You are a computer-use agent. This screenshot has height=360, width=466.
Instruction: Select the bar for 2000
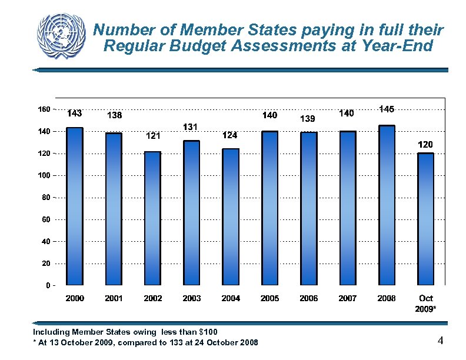[74, 206]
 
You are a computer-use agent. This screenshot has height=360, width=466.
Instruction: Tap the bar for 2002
[152, 218]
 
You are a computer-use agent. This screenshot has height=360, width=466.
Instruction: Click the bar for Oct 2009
[425, 219]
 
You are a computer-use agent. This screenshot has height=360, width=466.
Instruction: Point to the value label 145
[387, 109]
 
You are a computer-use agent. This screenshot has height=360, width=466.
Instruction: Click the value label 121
[153, 136]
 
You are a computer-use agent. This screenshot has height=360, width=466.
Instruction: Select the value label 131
[190, 126]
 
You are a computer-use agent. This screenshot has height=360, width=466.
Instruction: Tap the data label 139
[308, 119]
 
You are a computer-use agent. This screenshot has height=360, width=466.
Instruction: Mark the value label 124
[229, 136]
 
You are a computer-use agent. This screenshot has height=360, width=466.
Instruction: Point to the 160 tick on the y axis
[44, 109]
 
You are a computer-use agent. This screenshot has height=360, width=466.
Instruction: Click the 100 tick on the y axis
[44, 175]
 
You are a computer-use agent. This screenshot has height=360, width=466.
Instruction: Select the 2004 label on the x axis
[231, 298]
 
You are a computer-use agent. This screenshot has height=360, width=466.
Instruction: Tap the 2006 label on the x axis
[308, 298]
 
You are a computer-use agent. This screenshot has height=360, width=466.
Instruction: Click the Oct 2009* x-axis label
[426, 303]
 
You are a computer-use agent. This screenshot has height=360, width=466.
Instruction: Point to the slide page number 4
[440, 341]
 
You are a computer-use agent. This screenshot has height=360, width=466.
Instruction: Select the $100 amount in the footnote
[208, 332]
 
